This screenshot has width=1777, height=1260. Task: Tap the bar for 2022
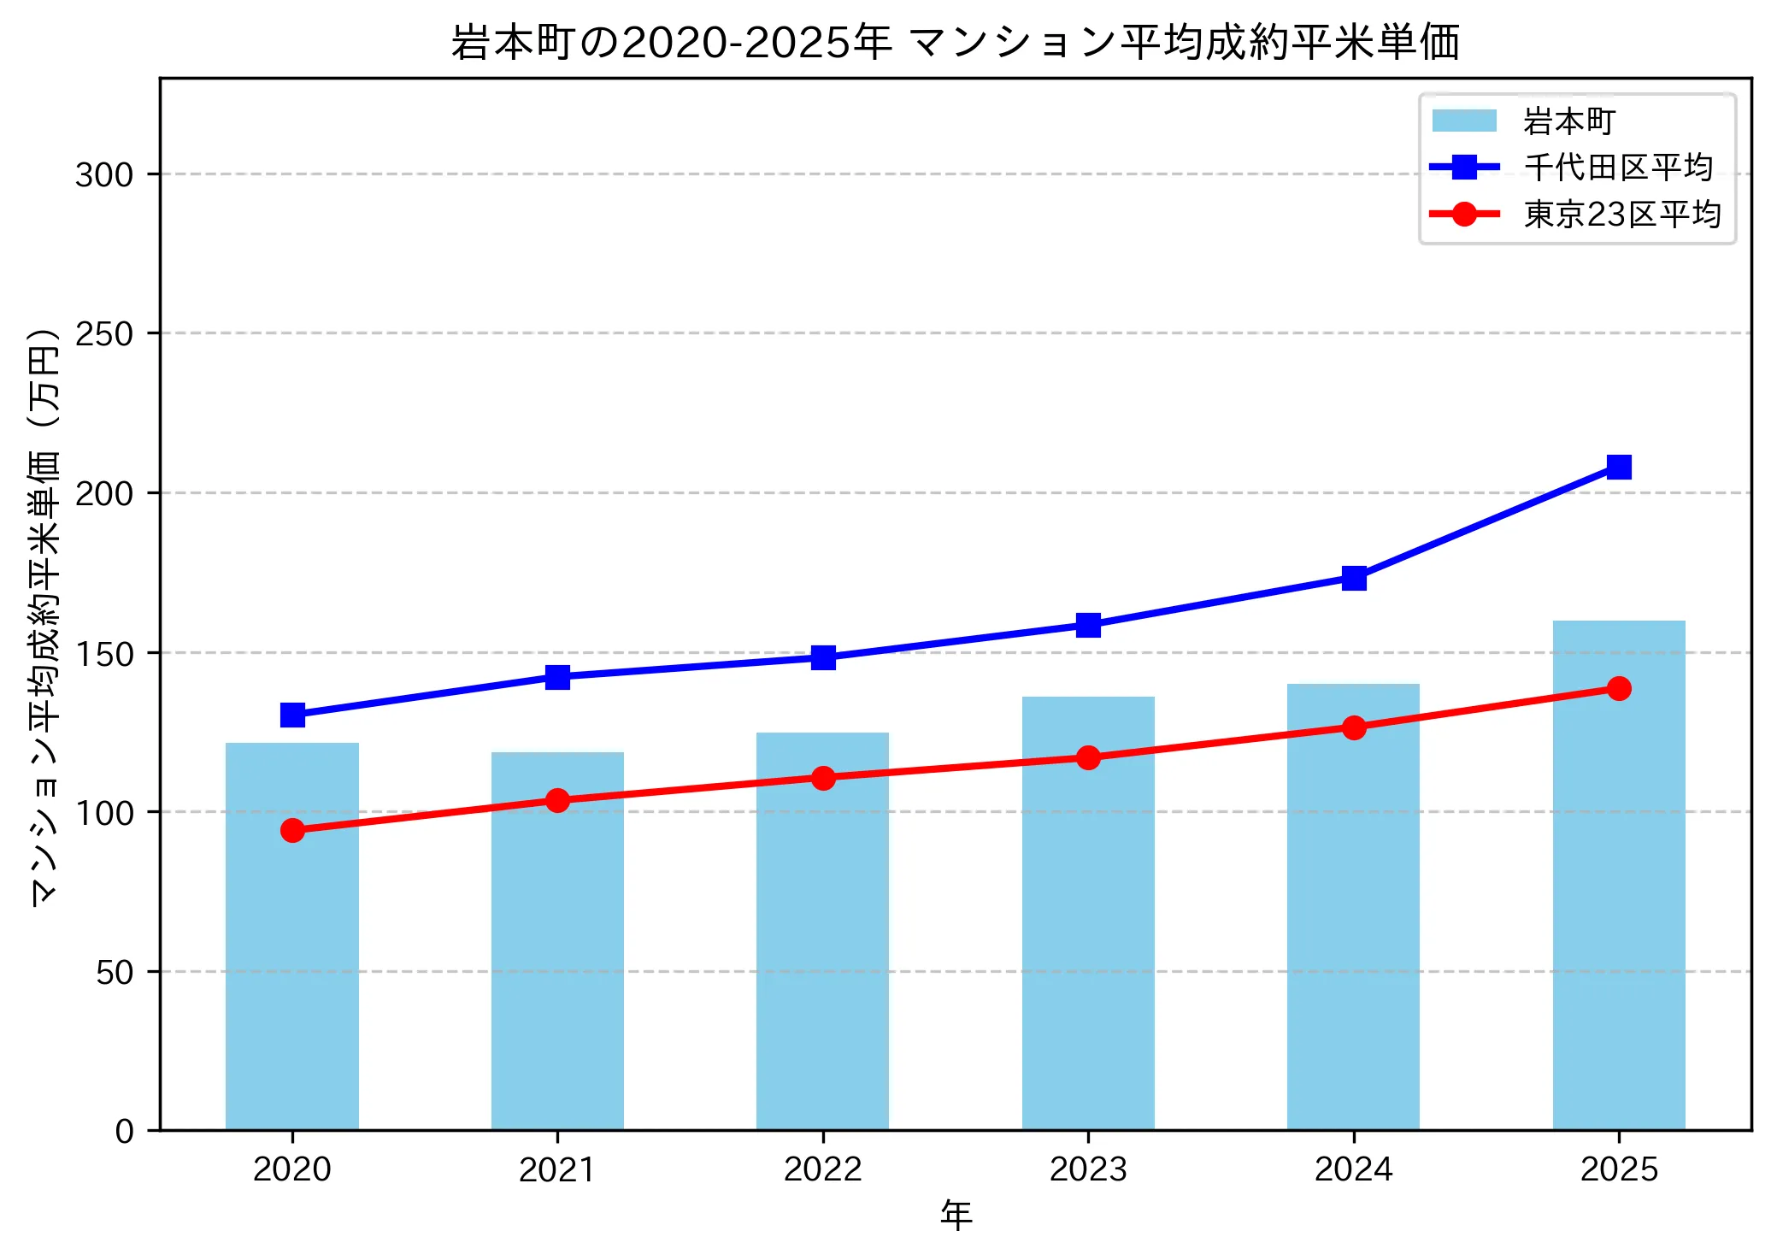[x=822, y=931]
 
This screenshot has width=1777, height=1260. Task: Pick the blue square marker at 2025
[x=1618, y=467]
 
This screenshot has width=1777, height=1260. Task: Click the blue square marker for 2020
[x=292, y=715]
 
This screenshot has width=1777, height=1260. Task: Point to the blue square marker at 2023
[x=1087, y=625]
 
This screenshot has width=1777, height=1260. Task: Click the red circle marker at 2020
[x=292, y=830]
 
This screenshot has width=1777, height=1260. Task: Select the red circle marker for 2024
[x=1353, y=727]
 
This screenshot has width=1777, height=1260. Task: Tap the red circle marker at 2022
[x=822, y=778]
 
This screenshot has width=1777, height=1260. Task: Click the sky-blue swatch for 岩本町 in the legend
[x=1464, y=121]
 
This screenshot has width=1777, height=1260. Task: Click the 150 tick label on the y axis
[x=104, y=654]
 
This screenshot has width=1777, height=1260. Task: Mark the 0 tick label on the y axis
[x=124, y=1132]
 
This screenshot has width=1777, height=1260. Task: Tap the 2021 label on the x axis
[x=557, y=1169]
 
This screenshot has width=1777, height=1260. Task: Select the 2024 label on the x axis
[x=1353, y=1169]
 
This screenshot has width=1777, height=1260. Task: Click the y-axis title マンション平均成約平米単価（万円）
[x=44, y=615]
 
